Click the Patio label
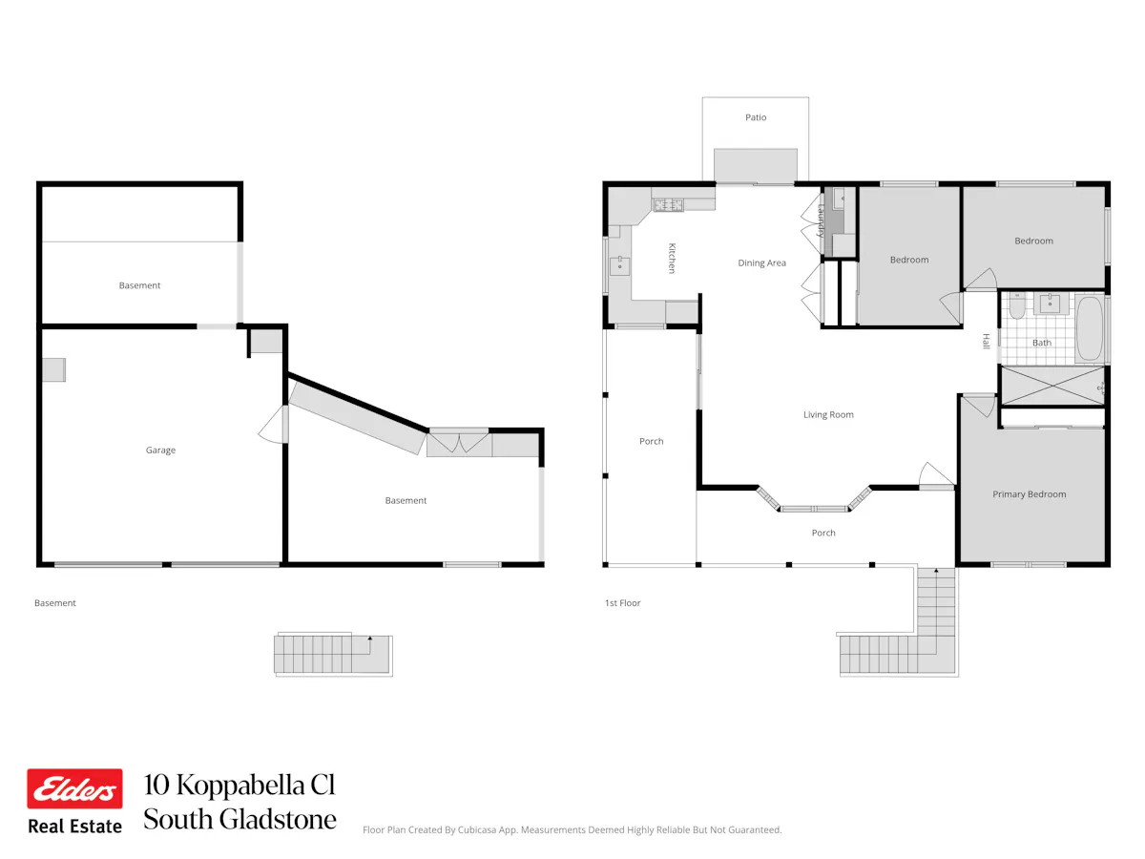point(756,117)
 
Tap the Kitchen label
point(672,258)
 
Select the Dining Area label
point(761,262)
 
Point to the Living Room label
point(828,414)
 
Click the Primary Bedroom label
point(1029,494)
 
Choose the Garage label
point(160,450)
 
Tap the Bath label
point(1041,343)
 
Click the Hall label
point(986,341)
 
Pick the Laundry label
point(822,221)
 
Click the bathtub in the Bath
point(1090,328)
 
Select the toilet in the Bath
point(1016,305)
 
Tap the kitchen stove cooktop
point(668,205)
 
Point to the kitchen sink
point(619,266)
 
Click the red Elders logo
point(74,788)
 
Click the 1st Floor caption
point(622,603)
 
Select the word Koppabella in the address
point(239,786)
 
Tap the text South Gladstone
point(239,819)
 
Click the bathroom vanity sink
point(1049,304)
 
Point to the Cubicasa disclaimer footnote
point(572,829)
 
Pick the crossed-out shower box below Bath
point(1052,386)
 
